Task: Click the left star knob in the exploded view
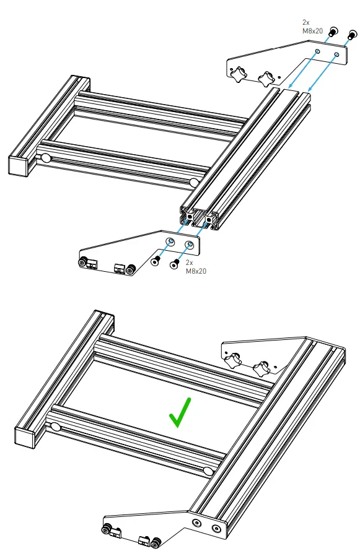238,75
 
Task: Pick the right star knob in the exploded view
266,79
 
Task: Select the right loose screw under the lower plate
175,264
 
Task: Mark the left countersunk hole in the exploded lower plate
170,240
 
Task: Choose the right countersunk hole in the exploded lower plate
190,245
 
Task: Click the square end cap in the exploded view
19,165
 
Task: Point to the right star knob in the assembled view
260,368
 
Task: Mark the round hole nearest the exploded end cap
46,158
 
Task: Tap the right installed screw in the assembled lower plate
216,529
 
